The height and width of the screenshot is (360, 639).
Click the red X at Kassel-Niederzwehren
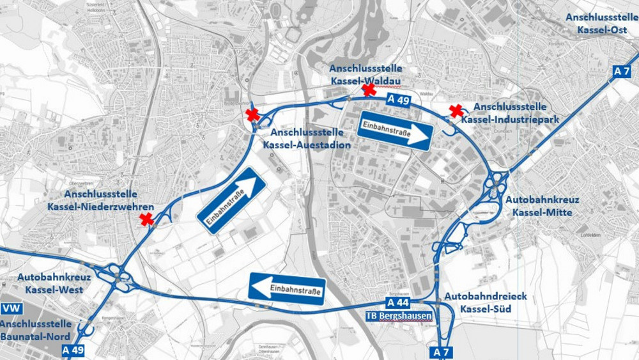pyautogui.click(x=147, y=220)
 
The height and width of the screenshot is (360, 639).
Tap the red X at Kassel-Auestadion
pyautogui.click(x=253, y=115)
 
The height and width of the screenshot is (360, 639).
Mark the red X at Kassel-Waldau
pyautogui.click(x=369, y=90)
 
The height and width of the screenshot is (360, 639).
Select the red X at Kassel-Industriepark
pyautogui.click(x=456, y=111)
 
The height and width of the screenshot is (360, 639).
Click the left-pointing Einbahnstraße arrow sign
pyautogui.click(x=288, y=290)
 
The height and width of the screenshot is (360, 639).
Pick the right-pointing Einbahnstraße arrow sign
pyautogui.click(x=396, y=131)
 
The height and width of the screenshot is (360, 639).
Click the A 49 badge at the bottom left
pyautogui.click(x=73, y=350)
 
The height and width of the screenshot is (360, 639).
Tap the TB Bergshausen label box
pyautogui.click(x=398, y=316)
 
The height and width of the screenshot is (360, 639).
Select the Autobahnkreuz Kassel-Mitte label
pyautogui.click(x=539, y=206)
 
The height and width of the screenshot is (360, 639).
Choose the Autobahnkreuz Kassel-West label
pyautogui.click(x=54, y=283)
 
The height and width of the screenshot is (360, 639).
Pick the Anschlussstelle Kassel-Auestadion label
pyautogui.click(x=307, y=139)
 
